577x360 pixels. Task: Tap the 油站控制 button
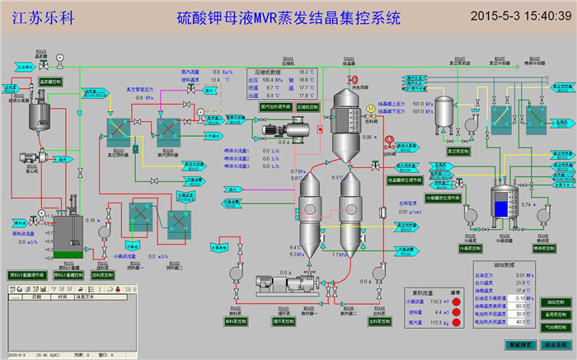coord(556,303)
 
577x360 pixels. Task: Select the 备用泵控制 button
coord(556,315)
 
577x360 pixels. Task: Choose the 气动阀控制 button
coord(556,326)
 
